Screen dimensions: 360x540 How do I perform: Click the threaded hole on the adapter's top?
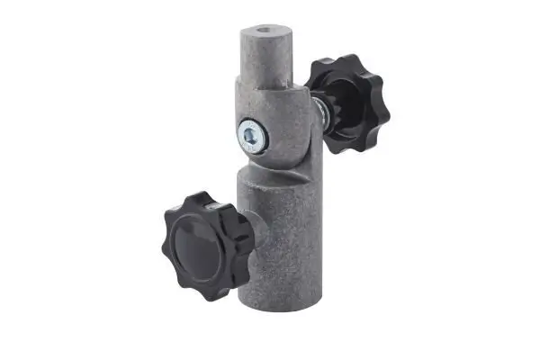(x=262, y=31)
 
